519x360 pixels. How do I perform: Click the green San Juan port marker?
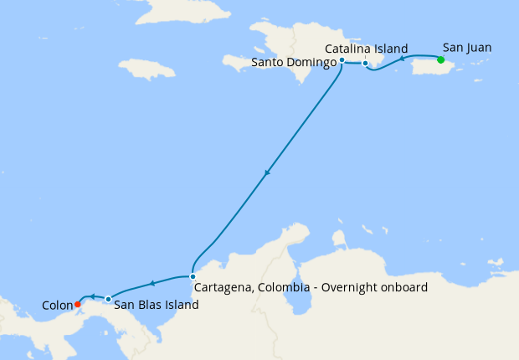coord(440,59)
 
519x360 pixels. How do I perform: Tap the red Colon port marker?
coord(77,303)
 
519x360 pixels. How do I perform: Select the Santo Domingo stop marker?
coord(342,60)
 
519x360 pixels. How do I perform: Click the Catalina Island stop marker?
coord(365,63)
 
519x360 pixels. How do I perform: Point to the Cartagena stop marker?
coord(193,276)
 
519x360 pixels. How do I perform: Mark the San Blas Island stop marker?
coord(108,299)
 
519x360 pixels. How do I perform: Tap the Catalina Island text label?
coord(367,49)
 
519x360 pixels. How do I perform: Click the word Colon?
coord(57,306)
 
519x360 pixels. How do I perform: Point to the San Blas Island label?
coord(156,306)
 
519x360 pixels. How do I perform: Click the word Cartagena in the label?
coord(224,287)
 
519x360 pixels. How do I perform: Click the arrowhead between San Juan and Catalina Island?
coord(402,59)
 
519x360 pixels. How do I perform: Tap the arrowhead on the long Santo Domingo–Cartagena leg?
coord(267,173)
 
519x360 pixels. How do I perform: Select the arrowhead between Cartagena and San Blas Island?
coord(152,284)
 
